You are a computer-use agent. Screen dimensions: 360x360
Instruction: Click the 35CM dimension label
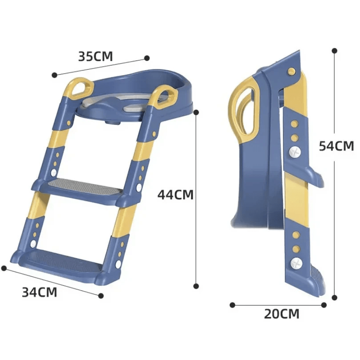95,56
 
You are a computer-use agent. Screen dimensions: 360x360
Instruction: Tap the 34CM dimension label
40,292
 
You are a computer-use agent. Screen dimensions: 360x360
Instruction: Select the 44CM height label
176,195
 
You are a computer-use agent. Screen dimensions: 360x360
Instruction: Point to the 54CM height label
336,146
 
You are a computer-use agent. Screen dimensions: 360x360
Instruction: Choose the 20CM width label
281,314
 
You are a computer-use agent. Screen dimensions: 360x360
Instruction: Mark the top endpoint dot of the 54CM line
334,51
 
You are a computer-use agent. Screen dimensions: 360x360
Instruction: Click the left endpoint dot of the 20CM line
232,305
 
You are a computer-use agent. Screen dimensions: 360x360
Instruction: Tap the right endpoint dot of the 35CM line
147,58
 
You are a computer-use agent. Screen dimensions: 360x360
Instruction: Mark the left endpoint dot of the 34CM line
4,268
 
